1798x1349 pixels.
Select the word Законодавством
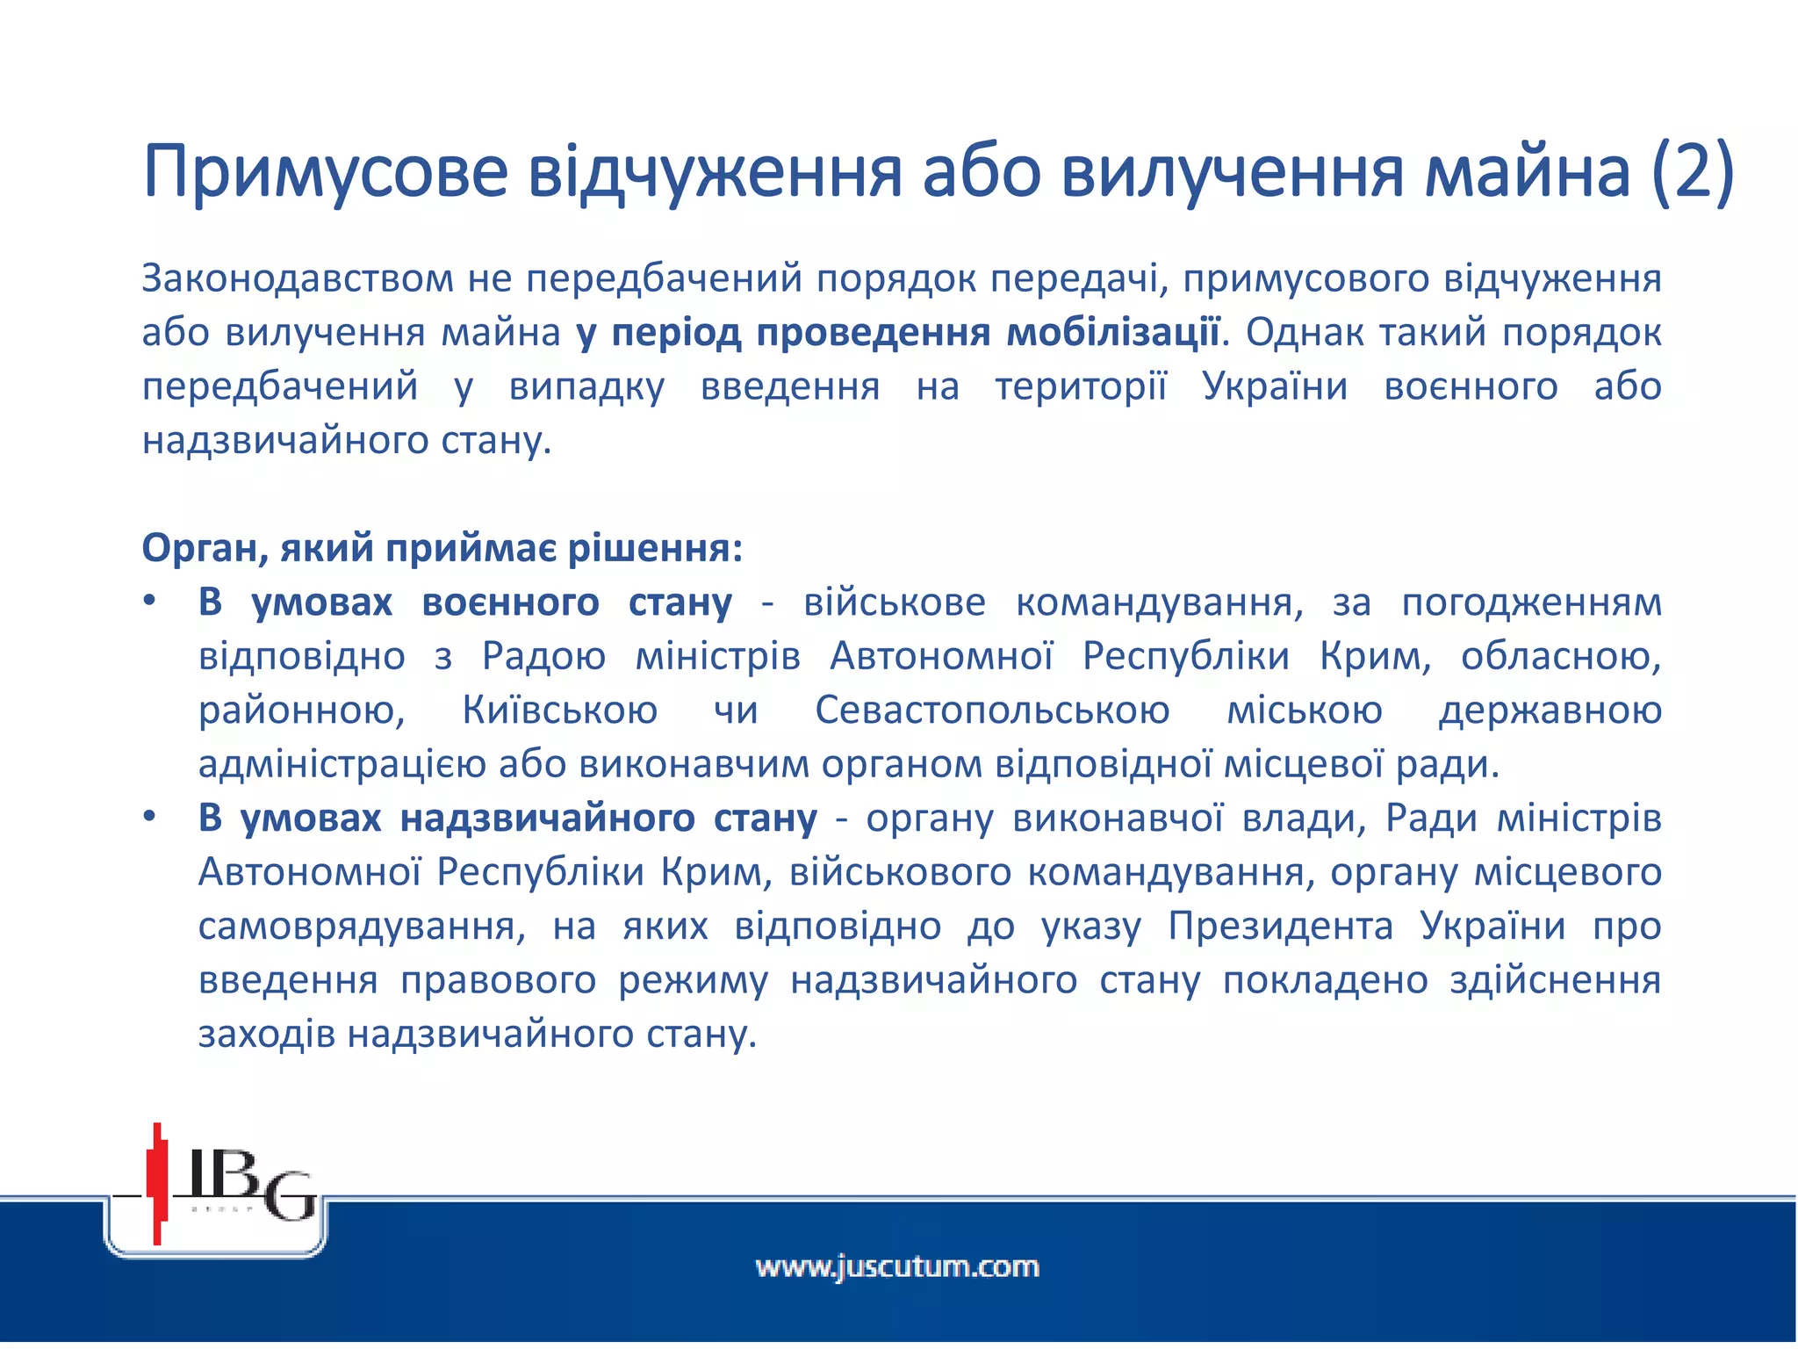[298, 279]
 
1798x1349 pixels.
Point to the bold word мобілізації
[1112, 333]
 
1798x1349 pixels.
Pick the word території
[1081, 387]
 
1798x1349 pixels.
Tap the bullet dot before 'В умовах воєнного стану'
[150, 602]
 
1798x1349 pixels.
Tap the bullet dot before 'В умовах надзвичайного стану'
[150, 818]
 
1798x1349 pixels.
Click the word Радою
[543, 657]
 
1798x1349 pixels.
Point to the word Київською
[560, 711]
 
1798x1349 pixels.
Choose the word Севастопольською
[992, 711]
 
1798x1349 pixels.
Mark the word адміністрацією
[342, 765]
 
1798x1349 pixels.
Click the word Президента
[1280, 927]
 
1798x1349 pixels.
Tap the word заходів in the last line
[267, 1035]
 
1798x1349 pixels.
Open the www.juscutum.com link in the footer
[897, 1267]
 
